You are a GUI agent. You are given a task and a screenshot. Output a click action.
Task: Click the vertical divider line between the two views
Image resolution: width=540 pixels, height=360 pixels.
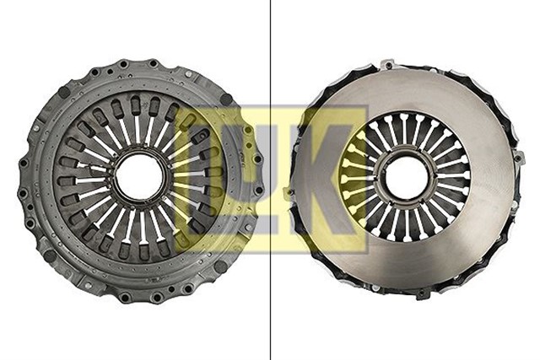pyautogui.click(x=270, y=180)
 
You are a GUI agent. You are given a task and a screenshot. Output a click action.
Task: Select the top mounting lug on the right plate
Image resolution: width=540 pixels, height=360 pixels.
pyautogui.click(x=388, y=65)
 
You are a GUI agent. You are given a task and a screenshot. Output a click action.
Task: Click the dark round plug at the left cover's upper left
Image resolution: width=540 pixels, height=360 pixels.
pyautogui.click(x=64, y=92)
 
